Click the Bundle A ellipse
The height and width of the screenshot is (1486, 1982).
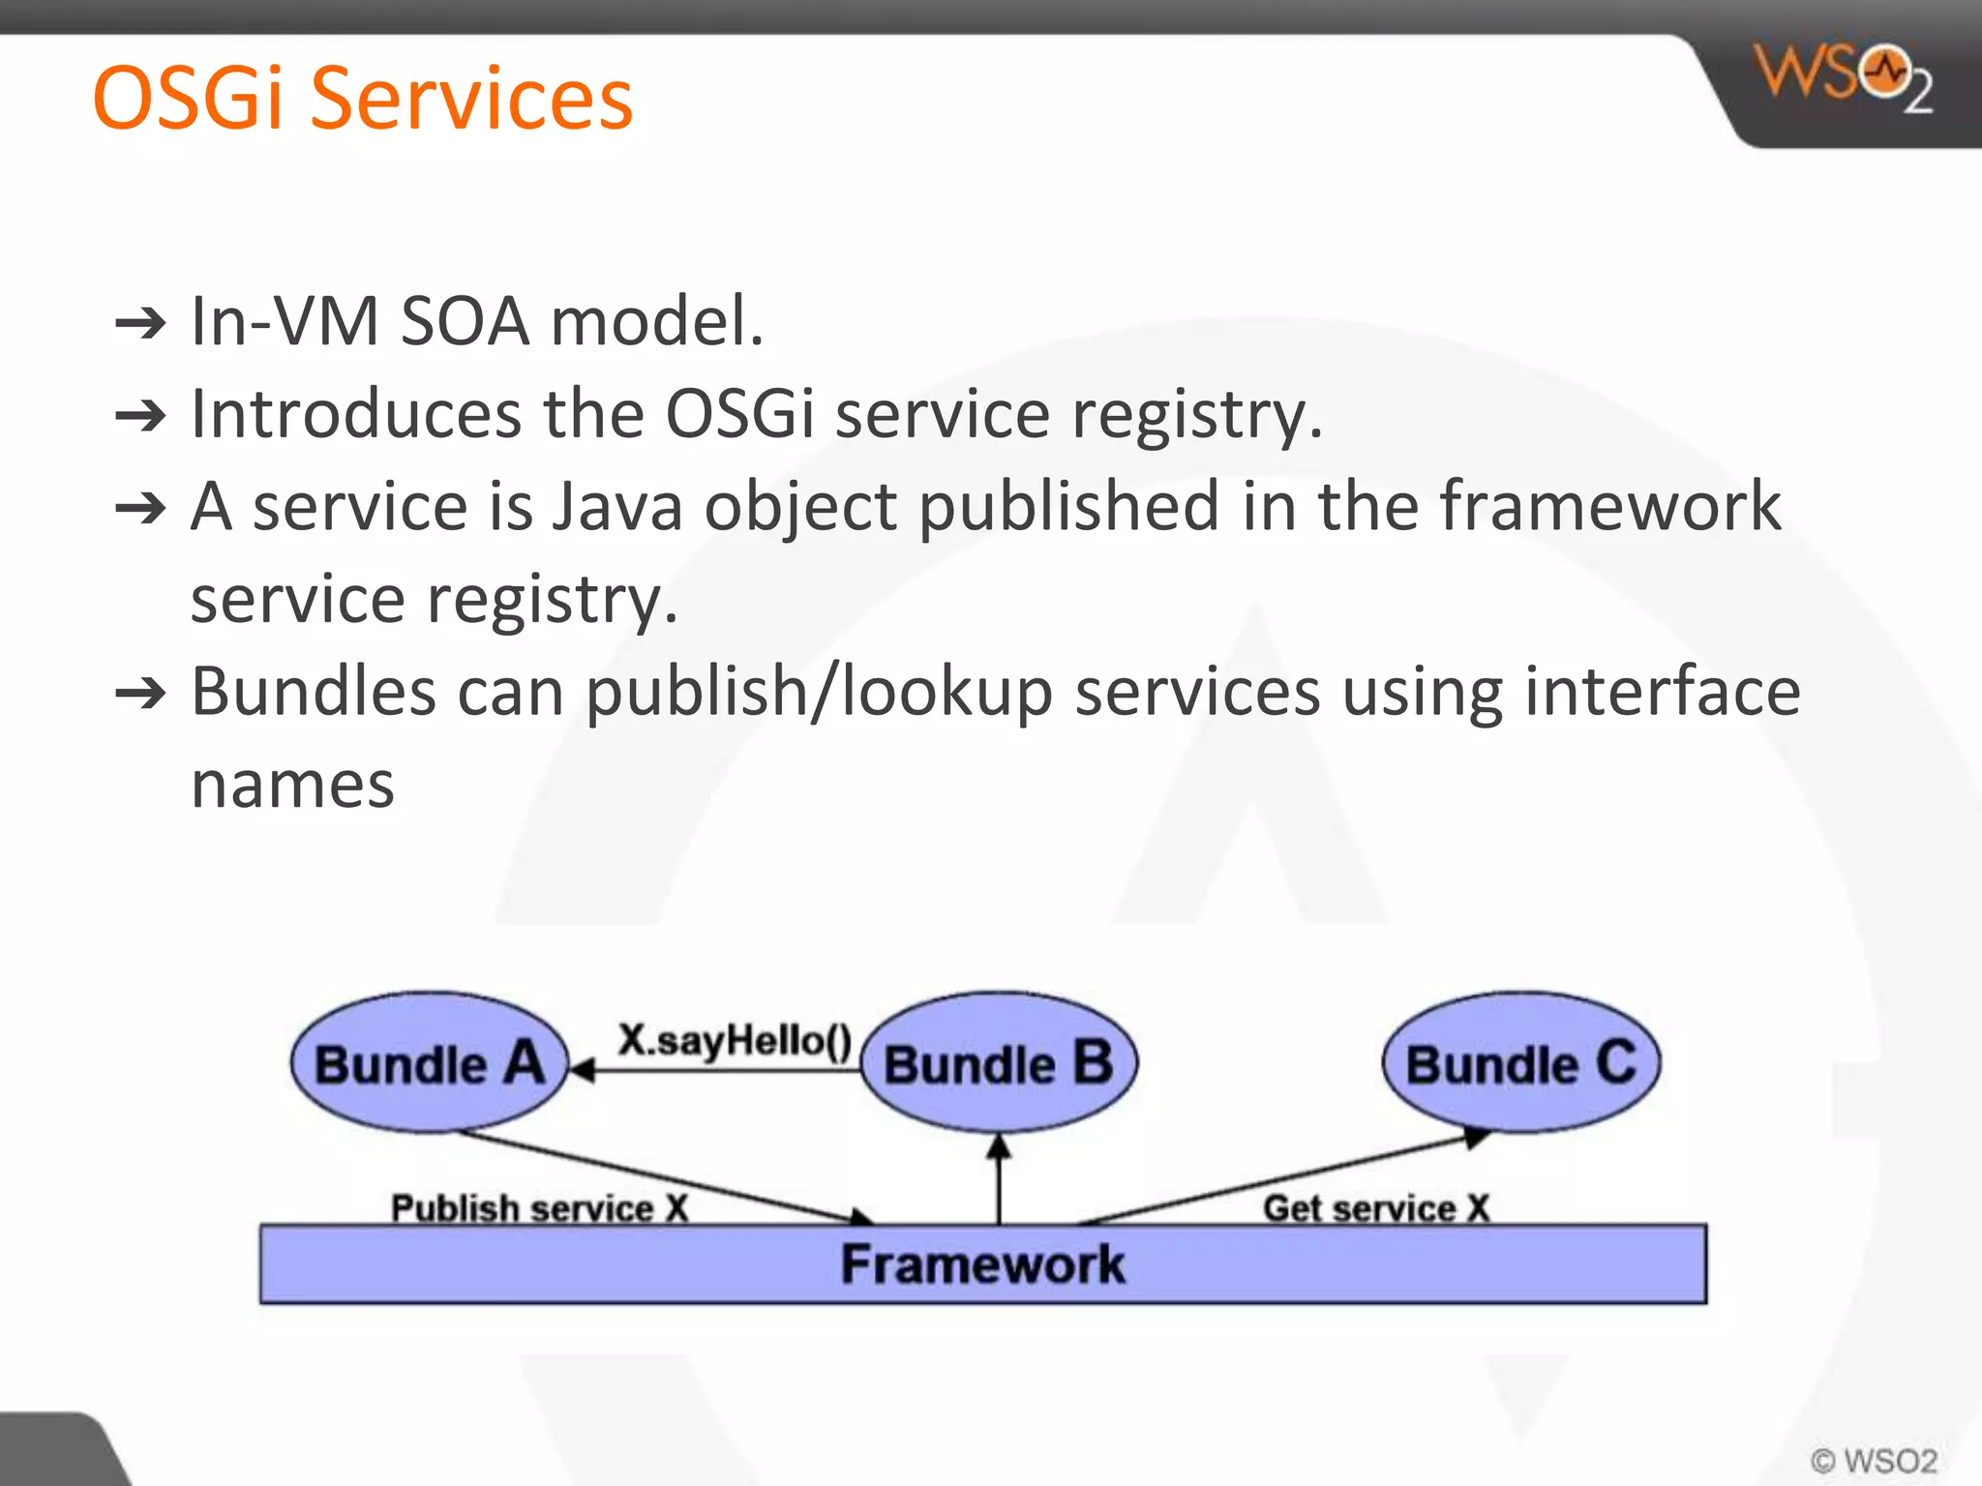tap(428, 1062)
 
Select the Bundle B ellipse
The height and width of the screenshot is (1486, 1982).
tap(999, 1062)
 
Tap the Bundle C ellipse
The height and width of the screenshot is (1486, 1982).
tap(1520, 1062)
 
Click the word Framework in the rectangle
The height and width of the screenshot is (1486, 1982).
tap(982, 1264)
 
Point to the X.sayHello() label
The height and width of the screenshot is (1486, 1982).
tap(735, 1040)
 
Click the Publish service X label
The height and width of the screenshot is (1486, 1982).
tap(539, 1208)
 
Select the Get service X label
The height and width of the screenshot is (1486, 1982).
tap(1376, 1208)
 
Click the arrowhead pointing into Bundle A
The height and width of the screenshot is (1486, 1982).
tap(582, 1070)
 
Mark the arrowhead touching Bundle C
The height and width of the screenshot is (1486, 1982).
tap(1474, 1138)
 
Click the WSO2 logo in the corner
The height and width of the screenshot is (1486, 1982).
tap(1842, 77)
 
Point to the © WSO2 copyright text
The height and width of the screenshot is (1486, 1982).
tap(1874, 1460)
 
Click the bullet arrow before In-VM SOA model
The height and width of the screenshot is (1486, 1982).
tap(140, 323)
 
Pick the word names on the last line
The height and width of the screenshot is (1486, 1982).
tap(292, 785)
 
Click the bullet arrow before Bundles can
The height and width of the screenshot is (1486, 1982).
tap(140, 694)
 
